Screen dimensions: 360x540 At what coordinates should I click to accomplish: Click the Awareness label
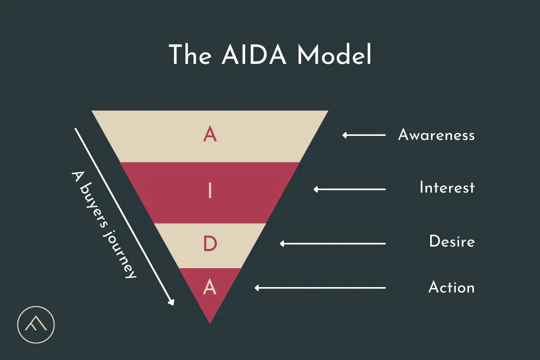(x=436, y=135)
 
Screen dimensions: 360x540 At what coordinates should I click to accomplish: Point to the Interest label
(x=447, y=188)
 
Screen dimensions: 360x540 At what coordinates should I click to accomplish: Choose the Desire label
(x=452, y=242)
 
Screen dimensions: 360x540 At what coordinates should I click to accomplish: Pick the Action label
(x=451, y=287)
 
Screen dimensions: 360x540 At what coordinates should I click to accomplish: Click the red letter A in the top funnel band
(x=210, y=135)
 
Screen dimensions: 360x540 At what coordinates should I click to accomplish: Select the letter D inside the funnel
(x=210, y=244)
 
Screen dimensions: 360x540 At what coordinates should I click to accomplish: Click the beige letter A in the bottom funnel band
(x=210, y=287)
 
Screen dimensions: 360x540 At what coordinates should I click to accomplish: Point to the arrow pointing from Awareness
(x=364, y=135)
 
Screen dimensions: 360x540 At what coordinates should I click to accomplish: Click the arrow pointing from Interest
(x=350, y=189)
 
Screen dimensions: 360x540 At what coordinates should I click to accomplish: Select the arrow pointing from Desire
(x=333, y=243)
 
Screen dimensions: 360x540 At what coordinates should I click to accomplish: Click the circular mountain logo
(x=36, y=324)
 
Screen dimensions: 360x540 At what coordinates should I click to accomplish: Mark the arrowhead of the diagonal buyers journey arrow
(x=171, y=303)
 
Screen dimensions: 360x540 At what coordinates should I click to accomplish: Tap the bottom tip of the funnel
(x=210, y=321)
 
